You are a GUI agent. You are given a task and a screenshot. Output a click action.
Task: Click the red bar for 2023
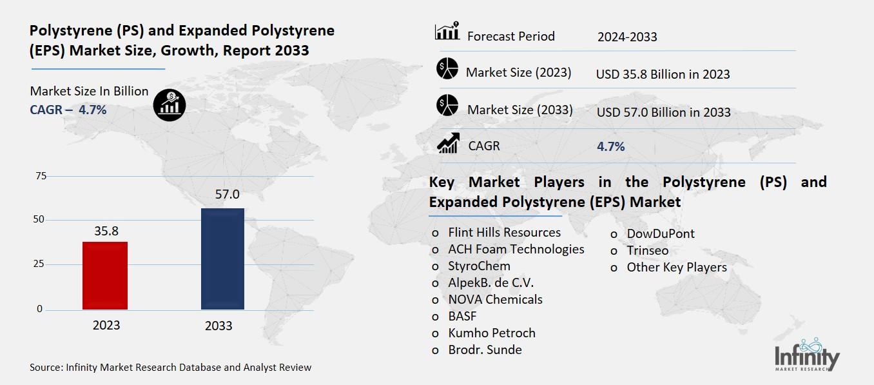coord(105,276)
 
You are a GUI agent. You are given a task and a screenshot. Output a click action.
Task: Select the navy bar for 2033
coord(222,259)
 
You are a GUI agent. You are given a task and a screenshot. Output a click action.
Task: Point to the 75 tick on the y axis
coord(40,176)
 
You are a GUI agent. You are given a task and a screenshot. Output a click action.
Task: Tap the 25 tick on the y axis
coord(40,264)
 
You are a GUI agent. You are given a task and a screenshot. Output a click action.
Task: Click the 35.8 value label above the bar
coord(106,230)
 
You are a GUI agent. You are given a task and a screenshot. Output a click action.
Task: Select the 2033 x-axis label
coord(218,326)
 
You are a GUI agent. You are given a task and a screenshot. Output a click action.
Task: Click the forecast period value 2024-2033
coord(627,37)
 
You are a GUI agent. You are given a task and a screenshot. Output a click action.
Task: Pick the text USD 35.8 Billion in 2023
coord(663,74)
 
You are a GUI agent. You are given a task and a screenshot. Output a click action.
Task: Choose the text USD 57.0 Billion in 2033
coord(663,112)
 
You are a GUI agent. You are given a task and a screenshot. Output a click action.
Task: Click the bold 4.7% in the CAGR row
coord(610,146)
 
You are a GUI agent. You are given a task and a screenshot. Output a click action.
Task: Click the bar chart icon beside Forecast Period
coord(447,32)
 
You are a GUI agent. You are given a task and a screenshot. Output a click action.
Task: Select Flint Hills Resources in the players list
coord(504,232)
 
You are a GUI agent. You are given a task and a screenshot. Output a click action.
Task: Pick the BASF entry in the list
coord(462,316)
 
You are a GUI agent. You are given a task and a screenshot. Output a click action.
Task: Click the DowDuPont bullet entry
coord(652,233)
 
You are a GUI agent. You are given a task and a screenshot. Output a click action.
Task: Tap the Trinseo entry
coord(647,250)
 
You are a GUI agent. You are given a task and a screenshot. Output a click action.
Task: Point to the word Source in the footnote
coord(45,368)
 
